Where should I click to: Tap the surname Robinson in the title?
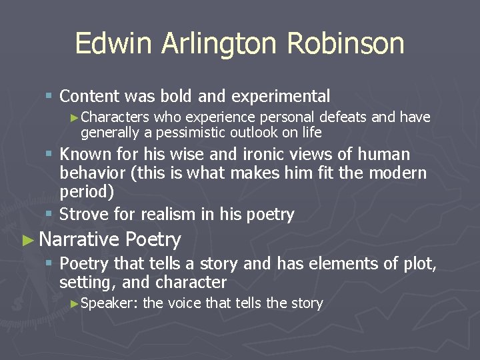(x=346, y=44)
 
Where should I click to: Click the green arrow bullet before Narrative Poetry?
(x=27, y=240)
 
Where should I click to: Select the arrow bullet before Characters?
(x=74, y=118)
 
